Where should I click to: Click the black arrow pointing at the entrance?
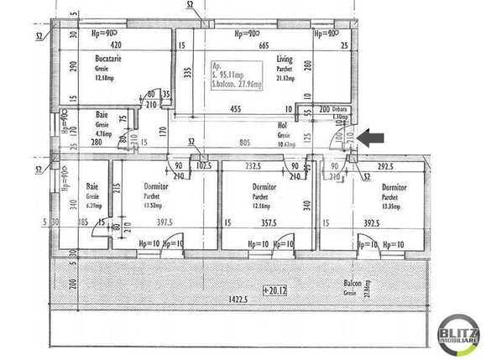pyautogui.click(x=372, y=137)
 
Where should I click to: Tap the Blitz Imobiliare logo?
pyautogui.click(x=458, y=334)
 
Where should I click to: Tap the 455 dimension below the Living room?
pyautogui.click(x=237, y=108)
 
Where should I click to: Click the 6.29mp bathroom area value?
pyautogui.click(x=95, y=205)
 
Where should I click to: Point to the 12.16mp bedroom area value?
pyautogui.click(x=262, y=206)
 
